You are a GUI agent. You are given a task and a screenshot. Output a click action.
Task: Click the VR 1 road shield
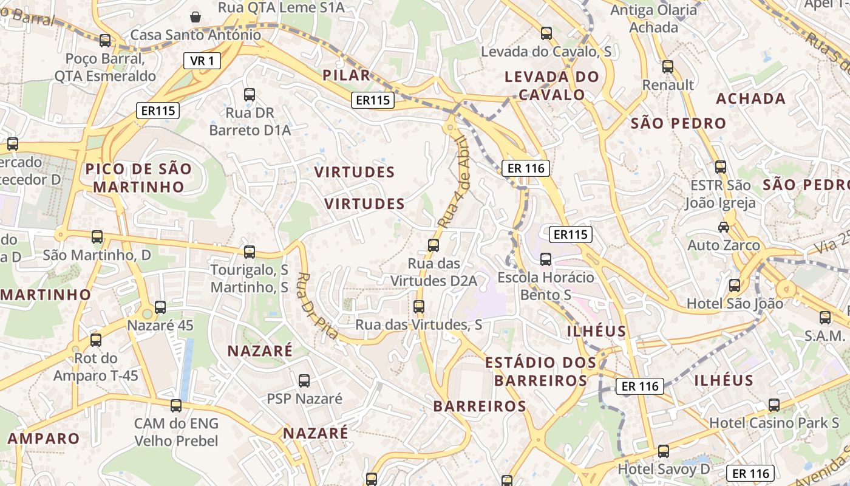[x=202, y=61]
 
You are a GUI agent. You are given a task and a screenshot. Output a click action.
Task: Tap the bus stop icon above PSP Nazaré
[x=304, y=381]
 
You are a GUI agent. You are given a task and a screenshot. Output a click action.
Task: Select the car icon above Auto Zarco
[x=724, y=227]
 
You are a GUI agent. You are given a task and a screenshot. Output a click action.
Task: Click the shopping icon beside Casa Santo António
[x=195, y=16]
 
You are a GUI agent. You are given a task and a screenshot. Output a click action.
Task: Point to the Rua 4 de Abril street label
[x=455, y=182]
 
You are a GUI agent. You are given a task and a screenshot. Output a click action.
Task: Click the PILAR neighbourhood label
[x=346, y=75]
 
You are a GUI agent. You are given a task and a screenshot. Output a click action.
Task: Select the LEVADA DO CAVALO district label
[x=551, y=86]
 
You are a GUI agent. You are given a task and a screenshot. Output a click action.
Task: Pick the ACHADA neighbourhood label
[x=750, y=98]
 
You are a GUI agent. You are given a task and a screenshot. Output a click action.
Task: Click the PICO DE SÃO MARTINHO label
[x=138, y=177]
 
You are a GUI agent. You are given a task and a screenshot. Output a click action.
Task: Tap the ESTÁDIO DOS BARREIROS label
[x=540, y=371]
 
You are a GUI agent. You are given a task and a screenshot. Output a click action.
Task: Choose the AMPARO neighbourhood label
[x=44, y=439]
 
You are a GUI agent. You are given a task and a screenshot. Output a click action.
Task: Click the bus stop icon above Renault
[x=668, y=67]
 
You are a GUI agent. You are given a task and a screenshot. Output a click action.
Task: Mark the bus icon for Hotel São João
[x=735, y=285]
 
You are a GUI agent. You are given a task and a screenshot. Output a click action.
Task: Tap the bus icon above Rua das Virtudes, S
[x=419, y=307]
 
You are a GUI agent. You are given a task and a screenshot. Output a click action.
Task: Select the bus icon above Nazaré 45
[x=160, y=307]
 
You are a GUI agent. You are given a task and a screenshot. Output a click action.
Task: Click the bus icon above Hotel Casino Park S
[x=774, y=405]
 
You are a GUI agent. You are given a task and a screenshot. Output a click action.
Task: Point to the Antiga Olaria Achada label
[x=654, y=19]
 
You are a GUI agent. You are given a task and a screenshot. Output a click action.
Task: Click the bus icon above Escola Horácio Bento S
[x=546, y=259]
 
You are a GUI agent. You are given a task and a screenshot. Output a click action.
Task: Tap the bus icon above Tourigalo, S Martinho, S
[x=250, y=252]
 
